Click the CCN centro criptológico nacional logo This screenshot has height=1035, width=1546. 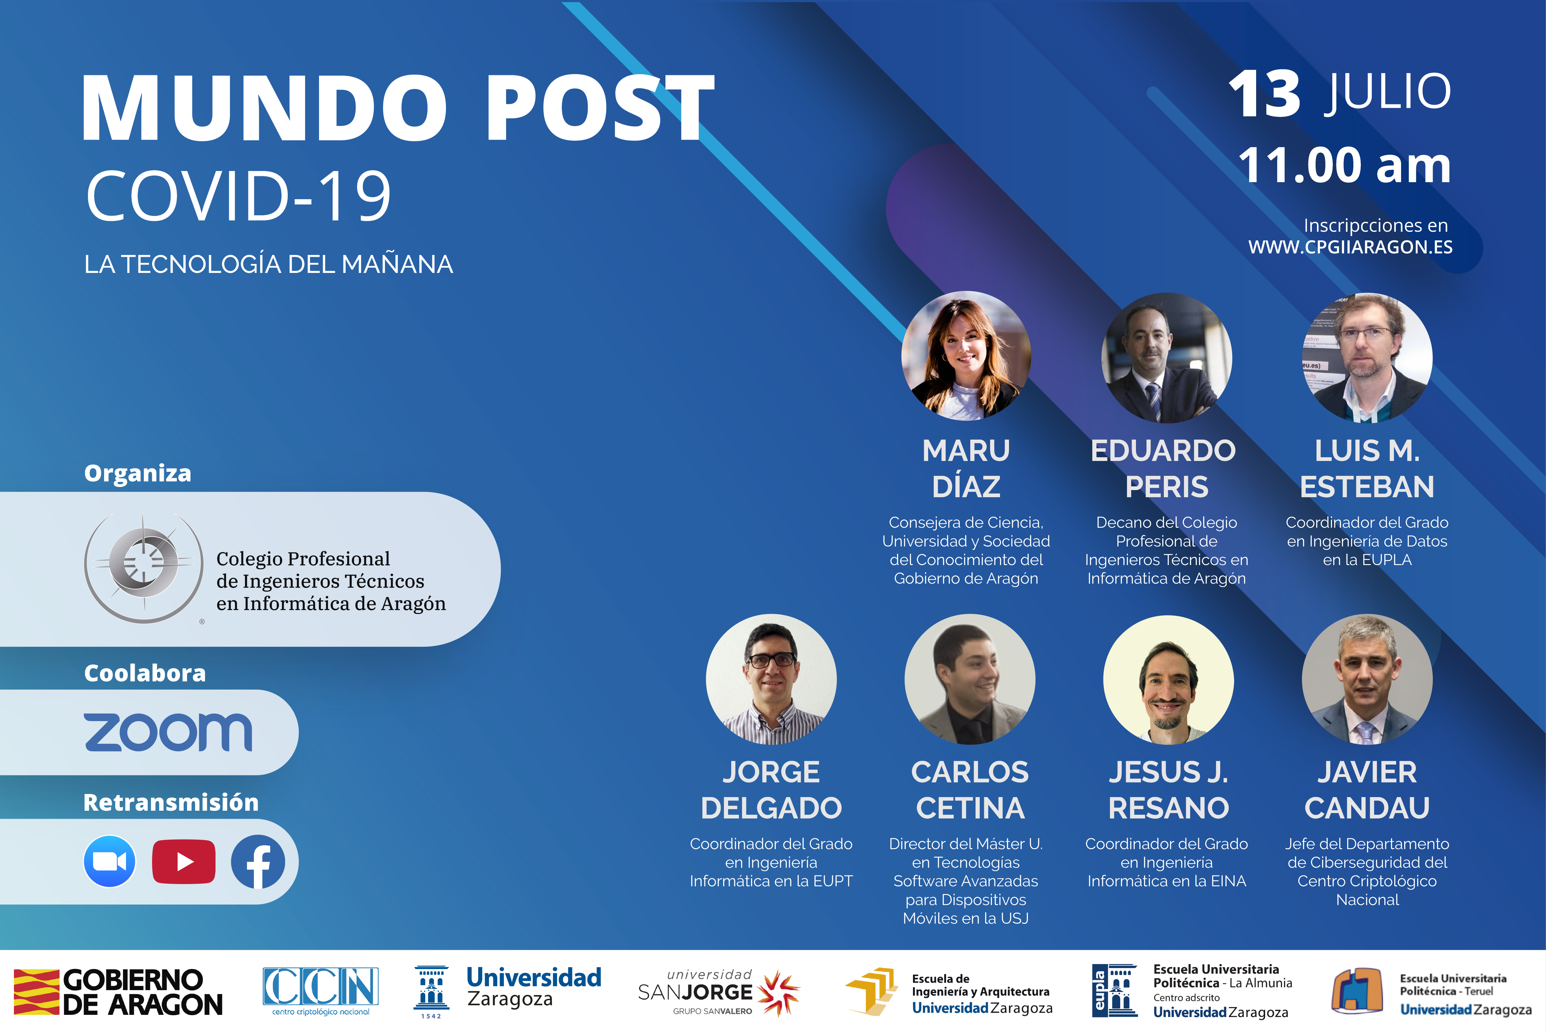[321, 990]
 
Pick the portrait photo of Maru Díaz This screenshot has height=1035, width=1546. [966, 356]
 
